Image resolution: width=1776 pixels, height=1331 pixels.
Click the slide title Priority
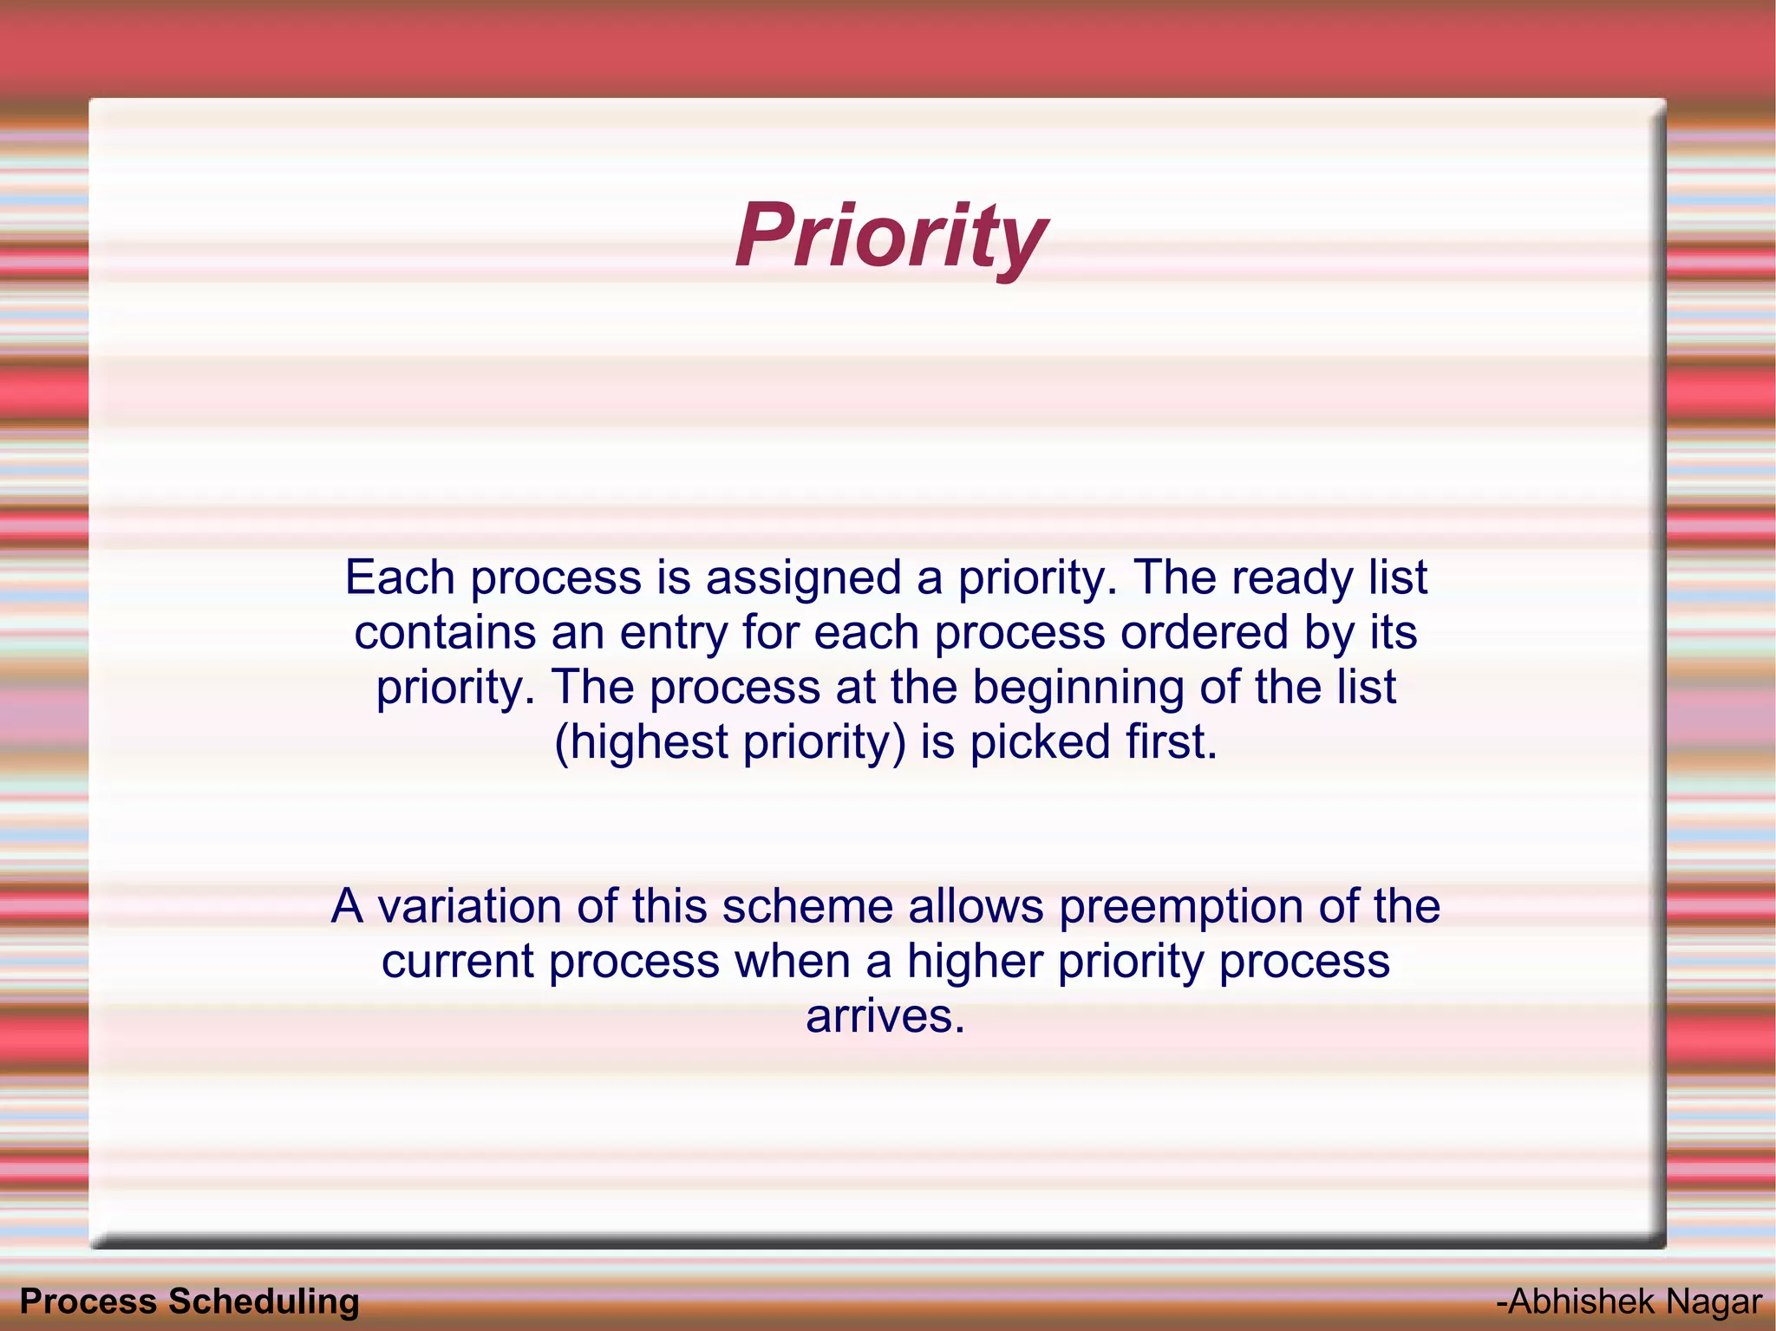891,236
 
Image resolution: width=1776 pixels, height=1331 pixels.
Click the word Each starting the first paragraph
400,577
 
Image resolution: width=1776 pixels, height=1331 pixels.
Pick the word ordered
1205,632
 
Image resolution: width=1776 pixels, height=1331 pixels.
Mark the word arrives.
885,1016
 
